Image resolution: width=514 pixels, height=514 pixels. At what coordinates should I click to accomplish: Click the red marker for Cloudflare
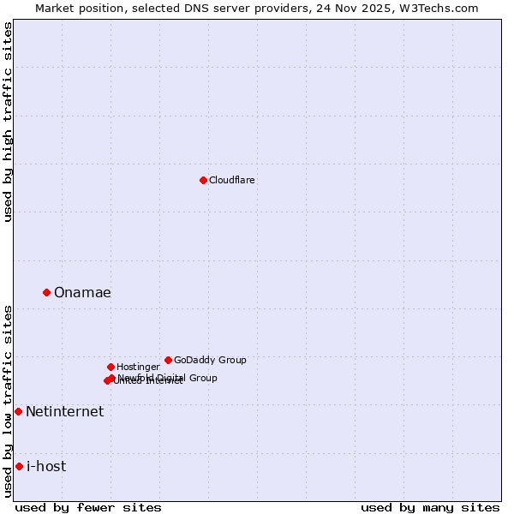click(x=203, y=180)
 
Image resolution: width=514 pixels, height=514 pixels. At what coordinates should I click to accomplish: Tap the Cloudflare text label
click(x=231, y=180)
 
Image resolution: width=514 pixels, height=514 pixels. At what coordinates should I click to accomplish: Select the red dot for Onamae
click(x=46, y=292)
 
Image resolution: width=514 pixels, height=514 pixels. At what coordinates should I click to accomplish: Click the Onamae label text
click(x=82, y=292)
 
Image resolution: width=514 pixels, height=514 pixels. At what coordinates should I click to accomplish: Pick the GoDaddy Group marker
click(x=168, y=360)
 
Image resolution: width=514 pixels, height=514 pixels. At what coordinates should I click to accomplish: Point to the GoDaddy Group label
click(x=210, y=360)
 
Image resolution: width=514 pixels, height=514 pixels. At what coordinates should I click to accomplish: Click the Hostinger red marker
click(x=111, y=367)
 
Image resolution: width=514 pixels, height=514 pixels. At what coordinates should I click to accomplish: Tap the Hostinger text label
click(x=138, y=367)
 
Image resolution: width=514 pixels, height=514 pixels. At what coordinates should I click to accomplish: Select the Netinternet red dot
click(x=18, y=411)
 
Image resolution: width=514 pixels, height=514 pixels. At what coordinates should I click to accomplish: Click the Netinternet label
click(x=64, y=411)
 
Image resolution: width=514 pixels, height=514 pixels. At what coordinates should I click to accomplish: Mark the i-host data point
click(x=19, y=466)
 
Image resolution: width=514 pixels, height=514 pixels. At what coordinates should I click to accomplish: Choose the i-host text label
click(x=46, y=466)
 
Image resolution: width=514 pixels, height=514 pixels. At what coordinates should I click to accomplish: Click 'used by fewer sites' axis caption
click(x=88, y=507)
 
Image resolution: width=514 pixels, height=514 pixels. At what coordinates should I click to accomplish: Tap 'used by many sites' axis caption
click(x=430, y=507)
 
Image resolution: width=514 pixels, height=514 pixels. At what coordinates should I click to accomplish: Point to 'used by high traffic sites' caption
click(x=8, y=123)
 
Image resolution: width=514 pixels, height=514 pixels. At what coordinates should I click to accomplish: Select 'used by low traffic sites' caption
click(x=8, y=401)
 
